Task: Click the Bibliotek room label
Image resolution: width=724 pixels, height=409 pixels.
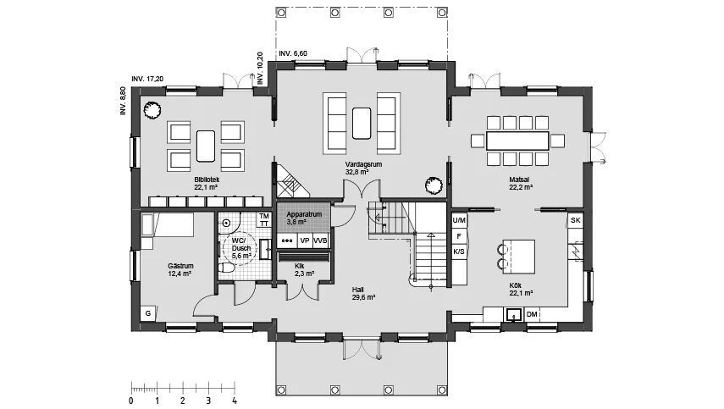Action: click(x=206, y=180)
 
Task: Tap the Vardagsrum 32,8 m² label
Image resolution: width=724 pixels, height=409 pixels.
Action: click(x=363, y=168)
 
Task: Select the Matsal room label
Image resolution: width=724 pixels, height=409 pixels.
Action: click(x=519, y=180)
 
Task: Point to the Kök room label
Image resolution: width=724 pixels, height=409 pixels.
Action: click(x=516, y=285)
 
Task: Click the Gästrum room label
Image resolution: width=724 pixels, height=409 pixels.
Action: click(x=180, y=266)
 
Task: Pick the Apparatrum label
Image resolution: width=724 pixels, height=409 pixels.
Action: click(x=304, y=214)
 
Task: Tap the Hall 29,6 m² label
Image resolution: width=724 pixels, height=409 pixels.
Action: click(x=363, y=294)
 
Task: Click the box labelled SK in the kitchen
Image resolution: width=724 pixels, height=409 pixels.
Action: click(x=575, y=220)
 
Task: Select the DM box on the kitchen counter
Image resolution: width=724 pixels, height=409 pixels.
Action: click(x=532, y=314)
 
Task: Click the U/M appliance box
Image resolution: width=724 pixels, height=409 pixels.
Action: click(x=459, y=221)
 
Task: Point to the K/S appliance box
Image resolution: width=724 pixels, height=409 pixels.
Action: click(x=459, y=251)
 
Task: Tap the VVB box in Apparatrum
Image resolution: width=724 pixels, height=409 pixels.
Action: click(x=320, y=241)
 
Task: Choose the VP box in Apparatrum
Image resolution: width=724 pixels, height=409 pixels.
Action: click(x=305, y=241)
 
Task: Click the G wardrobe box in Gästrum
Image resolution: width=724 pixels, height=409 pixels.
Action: click(x=148, y=313)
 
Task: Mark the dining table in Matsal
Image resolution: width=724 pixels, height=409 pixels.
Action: click(x=517, y=141)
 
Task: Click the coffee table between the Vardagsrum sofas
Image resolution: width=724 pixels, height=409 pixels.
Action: click(x=362, y=124)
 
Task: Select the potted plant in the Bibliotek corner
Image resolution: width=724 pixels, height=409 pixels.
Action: click(x=152, y=110)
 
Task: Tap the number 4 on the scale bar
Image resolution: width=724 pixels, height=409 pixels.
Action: click(x=235, y=401)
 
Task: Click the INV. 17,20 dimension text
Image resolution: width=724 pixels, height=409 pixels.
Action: click(x=147, y=79)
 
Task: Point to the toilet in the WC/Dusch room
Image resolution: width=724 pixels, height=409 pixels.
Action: click(x=227, y=268)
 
